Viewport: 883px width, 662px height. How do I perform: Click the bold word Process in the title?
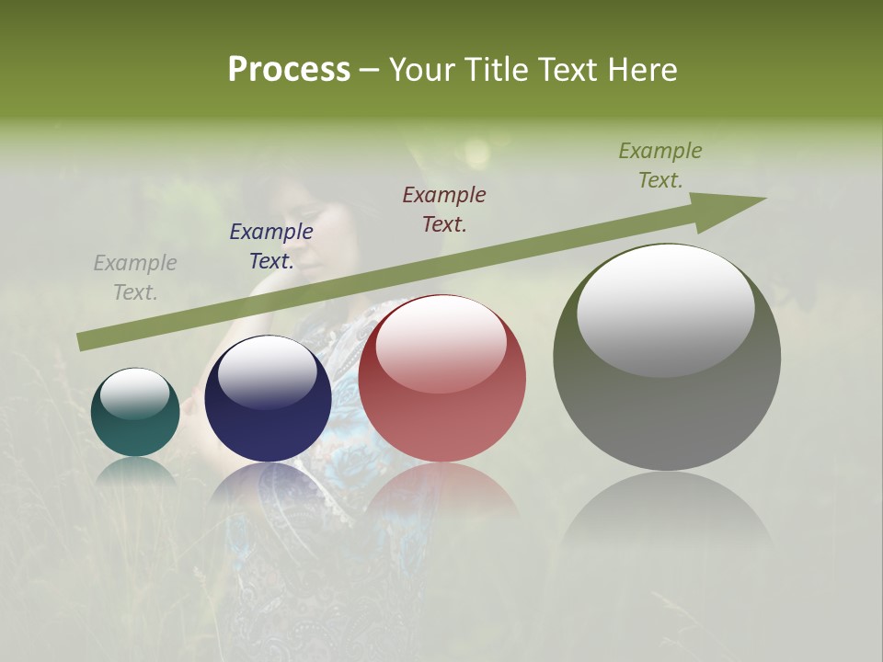coord(289,70)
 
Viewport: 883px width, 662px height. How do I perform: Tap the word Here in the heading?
coord(641,70)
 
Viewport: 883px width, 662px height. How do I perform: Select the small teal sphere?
coord(135,413)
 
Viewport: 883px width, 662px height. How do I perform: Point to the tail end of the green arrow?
coord(81,342)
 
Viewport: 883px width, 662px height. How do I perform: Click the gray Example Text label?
coord(135,278)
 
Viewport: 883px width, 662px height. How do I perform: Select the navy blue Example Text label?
coord(271,246)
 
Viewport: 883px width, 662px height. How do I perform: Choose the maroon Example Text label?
coord(444,209)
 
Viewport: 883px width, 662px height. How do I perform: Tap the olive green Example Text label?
coord(660,165)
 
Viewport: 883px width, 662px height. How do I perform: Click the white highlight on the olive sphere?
coord(665,308)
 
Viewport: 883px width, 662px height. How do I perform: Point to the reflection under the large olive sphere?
coord(667,515)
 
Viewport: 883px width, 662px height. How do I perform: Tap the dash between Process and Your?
coord(369,70)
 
